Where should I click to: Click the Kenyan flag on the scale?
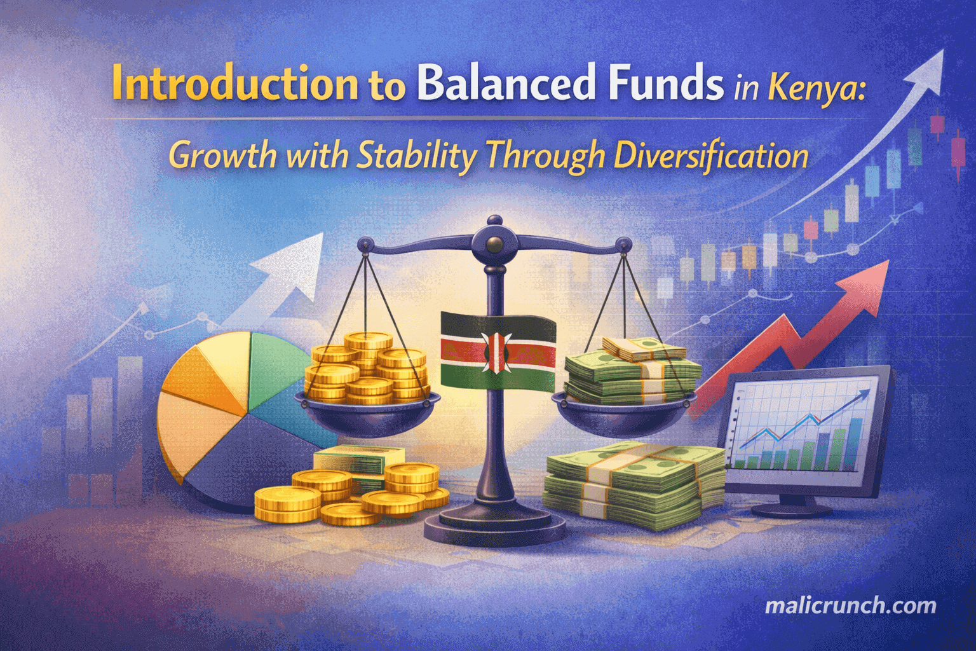coord(498,350)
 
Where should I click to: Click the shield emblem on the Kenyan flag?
coord(497,351)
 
